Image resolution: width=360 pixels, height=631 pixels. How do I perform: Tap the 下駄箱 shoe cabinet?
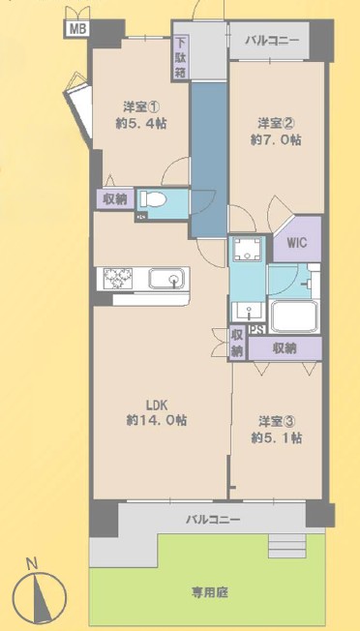pyautogui.click(x=180, y=58)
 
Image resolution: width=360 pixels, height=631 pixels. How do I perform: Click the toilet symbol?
pyautogui.click(x=153, y=199)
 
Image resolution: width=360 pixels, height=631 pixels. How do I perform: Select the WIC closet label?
pyautogui.click(x=297, y=243)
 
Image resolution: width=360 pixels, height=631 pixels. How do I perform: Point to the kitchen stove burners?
pyautogui.click(x=118, y=278)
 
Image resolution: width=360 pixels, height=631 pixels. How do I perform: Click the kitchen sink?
pyautogui.click(x=166, y=278)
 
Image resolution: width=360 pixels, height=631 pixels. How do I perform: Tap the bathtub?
pyautogui.click(x=293, y=315)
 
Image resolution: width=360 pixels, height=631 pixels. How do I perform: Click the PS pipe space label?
pyautogui.click(x=256, y=330)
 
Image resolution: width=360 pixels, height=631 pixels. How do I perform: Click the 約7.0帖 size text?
pyautogui.click(x=276, y=139)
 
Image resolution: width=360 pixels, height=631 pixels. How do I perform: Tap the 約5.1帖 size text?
pyautogui.click(x=277, y=437)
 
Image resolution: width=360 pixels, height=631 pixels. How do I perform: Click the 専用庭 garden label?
pyautogui.click(x=209, y=592)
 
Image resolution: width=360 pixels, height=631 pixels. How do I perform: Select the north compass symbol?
pyautogui.click(x=39, y=593)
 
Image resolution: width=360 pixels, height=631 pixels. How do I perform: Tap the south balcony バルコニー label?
pyautogui.click(x=213, y=519)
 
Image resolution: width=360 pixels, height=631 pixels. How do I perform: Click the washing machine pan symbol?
pyautogui.click(x=248, y=249)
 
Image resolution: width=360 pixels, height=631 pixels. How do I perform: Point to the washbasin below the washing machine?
pyautogui.click(x=247, y=311)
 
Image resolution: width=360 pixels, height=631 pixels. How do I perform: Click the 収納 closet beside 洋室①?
pyautogui.click(x=115, y=199)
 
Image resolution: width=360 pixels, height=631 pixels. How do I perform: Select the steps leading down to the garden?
pyautogui.click(x=286, y=545)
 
